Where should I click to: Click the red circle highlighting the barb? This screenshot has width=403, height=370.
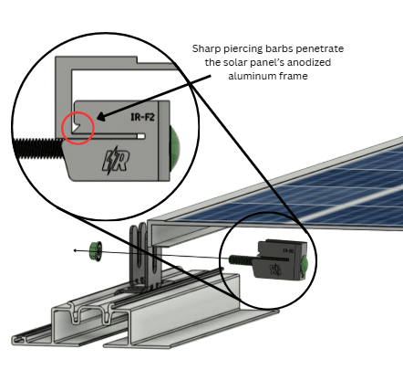[x=77, y=112]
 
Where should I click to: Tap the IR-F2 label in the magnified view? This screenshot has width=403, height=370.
[x=142, y=117]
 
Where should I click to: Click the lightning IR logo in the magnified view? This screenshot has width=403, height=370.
[x=116, y=160]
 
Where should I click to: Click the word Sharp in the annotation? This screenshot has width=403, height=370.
[x=207, y=48]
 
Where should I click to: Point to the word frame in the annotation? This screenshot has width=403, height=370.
[x=293, y=76]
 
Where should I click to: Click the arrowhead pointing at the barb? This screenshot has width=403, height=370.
[x=101, y=117]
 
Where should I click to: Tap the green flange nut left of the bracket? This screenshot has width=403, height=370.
[x=96, y=250]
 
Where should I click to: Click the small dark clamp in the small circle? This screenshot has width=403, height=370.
[x=281, y=259]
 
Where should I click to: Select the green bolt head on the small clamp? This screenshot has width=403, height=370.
[x=305, y=264]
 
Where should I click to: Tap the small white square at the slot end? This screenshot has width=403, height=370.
[x=141, y=136]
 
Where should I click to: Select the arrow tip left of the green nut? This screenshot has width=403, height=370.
[x=75, y=250]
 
